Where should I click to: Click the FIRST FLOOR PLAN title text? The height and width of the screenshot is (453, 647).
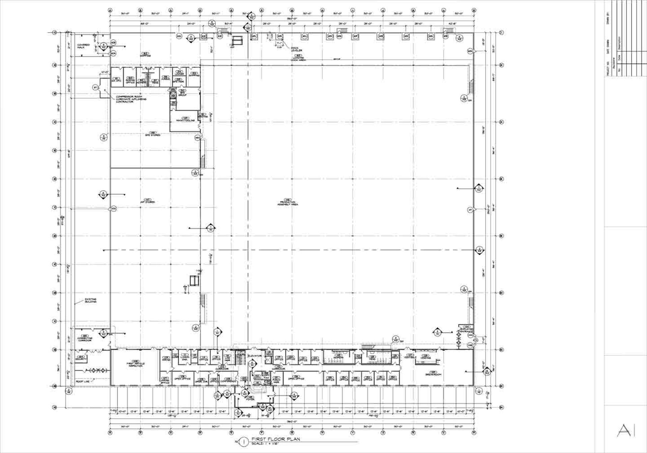[x=275, y=439]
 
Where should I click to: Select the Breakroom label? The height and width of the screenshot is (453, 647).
[x=433, y=374]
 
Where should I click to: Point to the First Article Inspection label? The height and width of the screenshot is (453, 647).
[x=135, y=364]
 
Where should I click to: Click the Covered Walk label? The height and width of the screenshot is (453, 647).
[x=83, y=46]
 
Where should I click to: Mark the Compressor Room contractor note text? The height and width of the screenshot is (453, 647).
[x=131, y=99]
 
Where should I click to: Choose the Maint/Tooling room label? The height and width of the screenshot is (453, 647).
[x=185, y=120]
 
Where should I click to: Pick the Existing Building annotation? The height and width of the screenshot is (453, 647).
[x=90, y=300]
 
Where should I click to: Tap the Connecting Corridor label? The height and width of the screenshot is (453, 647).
[x=85, y=339]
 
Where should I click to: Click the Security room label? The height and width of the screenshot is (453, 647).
[x=81, y=359]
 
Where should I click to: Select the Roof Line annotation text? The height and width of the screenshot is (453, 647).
[x=83, y=382]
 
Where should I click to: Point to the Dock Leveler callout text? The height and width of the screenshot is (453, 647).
[x=296, y=49]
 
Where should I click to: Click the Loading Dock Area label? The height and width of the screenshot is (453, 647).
[x=298, y=59]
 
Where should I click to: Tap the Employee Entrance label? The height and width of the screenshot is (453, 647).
[x=467, y=330]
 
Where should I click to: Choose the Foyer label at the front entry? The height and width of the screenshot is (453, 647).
[x=250, y=399]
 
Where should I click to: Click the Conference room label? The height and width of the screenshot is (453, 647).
[x=228, y=381]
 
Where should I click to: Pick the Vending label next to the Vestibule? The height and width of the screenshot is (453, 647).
[x=426, y=357]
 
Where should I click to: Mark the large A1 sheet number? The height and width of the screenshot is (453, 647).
[x=626, y=430]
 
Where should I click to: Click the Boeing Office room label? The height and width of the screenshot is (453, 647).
[x=130, y=81]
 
